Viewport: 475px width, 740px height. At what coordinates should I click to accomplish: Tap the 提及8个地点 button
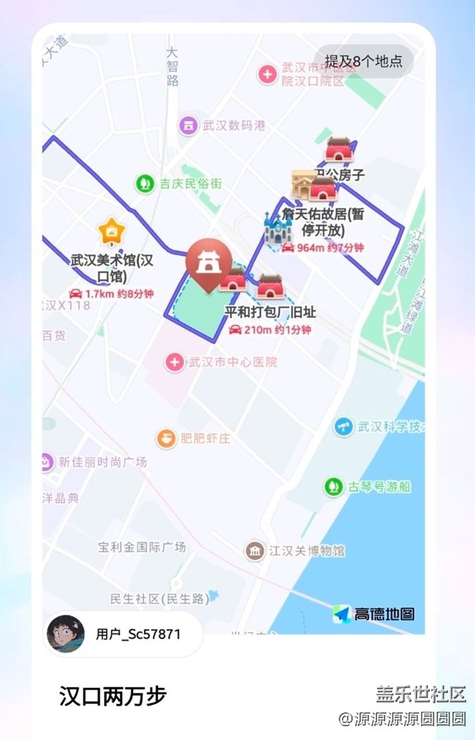point(363,61)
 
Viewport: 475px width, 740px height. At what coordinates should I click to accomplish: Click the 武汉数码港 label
point(234,125)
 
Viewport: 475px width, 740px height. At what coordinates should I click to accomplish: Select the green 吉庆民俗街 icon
point(145,183)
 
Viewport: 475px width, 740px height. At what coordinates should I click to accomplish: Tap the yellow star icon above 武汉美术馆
point(111,232)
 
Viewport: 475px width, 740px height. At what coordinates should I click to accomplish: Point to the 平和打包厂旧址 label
point(270,313)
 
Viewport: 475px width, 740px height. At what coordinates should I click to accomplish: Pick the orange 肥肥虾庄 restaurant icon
point(166,438)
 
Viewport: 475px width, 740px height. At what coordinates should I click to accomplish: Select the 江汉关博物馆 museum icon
point(254,550)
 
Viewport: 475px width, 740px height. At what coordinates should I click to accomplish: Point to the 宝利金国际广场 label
point(142,546)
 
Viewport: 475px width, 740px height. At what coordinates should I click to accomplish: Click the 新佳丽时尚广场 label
point(102,462)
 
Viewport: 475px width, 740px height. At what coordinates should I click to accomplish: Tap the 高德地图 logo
point(373,614)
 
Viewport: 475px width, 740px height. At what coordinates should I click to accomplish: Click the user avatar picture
point(65,634)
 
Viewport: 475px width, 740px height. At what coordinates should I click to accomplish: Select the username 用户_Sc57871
point(138,634)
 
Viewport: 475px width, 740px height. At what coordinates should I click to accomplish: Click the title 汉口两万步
point(113,696)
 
